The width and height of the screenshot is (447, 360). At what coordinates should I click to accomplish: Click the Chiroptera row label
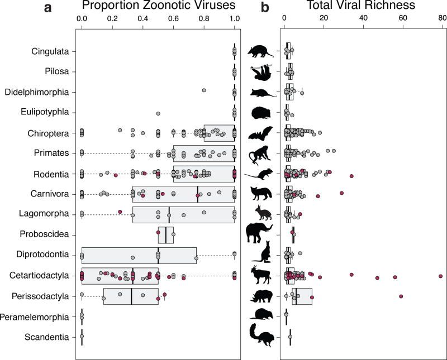[x=48, y=133]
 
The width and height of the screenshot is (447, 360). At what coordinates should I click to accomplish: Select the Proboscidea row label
[x=44, y=234]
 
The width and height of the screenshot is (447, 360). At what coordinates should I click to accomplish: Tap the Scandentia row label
[x=47, y=337]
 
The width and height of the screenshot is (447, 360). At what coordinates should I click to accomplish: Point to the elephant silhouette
[x=259, y=233]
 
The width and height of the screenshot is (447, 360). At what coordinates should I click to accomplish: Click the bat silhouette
[x=260, y=133]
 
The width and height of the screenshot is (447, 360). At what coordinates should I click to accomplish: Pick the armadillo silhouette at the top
[x=260, y=51]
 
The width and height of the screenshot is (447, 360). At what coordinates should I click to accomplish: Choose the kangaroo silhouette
[x=261, y=252]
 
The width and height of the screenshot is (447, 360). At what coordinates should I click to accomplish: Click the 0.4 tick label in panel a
[x=143, y=19]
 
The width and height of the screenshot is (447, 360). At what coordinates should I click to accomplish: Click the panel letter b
[x=265, y=7]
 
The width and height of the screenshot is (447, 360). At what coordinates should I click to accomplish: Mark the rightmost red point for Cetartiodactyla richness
[x=441, y=276]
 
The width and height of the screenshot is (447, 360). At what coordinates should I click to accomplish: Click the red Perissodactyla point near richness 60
[x=401, y=296]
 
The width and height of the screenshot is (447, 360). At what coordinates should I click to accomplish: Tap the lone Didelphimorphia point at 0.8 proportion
[x=204, y=90]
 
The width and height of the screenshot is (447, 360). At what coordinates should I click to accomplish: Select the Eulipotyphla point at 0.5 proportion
[x=158, y=113]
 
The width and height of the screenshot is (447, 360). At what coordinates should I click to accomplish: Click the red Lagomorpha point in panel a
[x=120, y=212]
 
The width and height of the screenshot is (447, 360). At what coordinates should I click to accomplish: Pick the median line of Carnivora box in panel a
[x=198, y=194]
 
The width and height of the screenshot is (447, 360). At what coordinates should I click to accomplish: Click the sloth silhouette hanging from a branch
[x=261, y=72]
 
